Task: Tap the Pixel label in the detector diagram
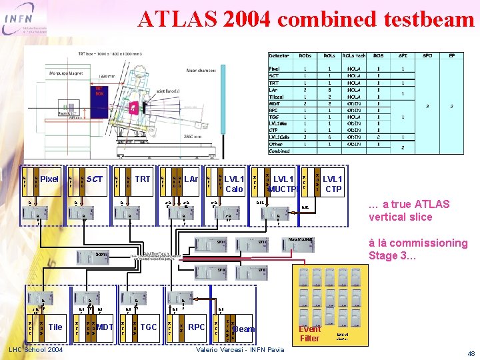(49, 179)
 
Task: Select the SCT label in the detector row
(95, 179)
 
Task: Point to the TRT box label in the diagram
(143, 179)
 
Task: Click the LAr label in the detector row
(191, 179)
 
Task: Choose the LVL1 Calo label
(234, 184)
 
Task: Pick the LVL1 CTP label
(332, 184)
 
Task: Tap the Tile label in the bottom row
(56, 327)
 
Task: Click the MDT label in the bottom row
(105, 327)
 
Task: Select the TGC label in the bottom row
(149, 327)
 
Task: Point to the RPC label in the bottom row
(196, 327)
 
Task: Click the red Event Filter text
(309, 333)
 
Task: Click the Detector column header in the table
(279, 56)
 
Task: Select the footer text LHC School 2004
(37, 350)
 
